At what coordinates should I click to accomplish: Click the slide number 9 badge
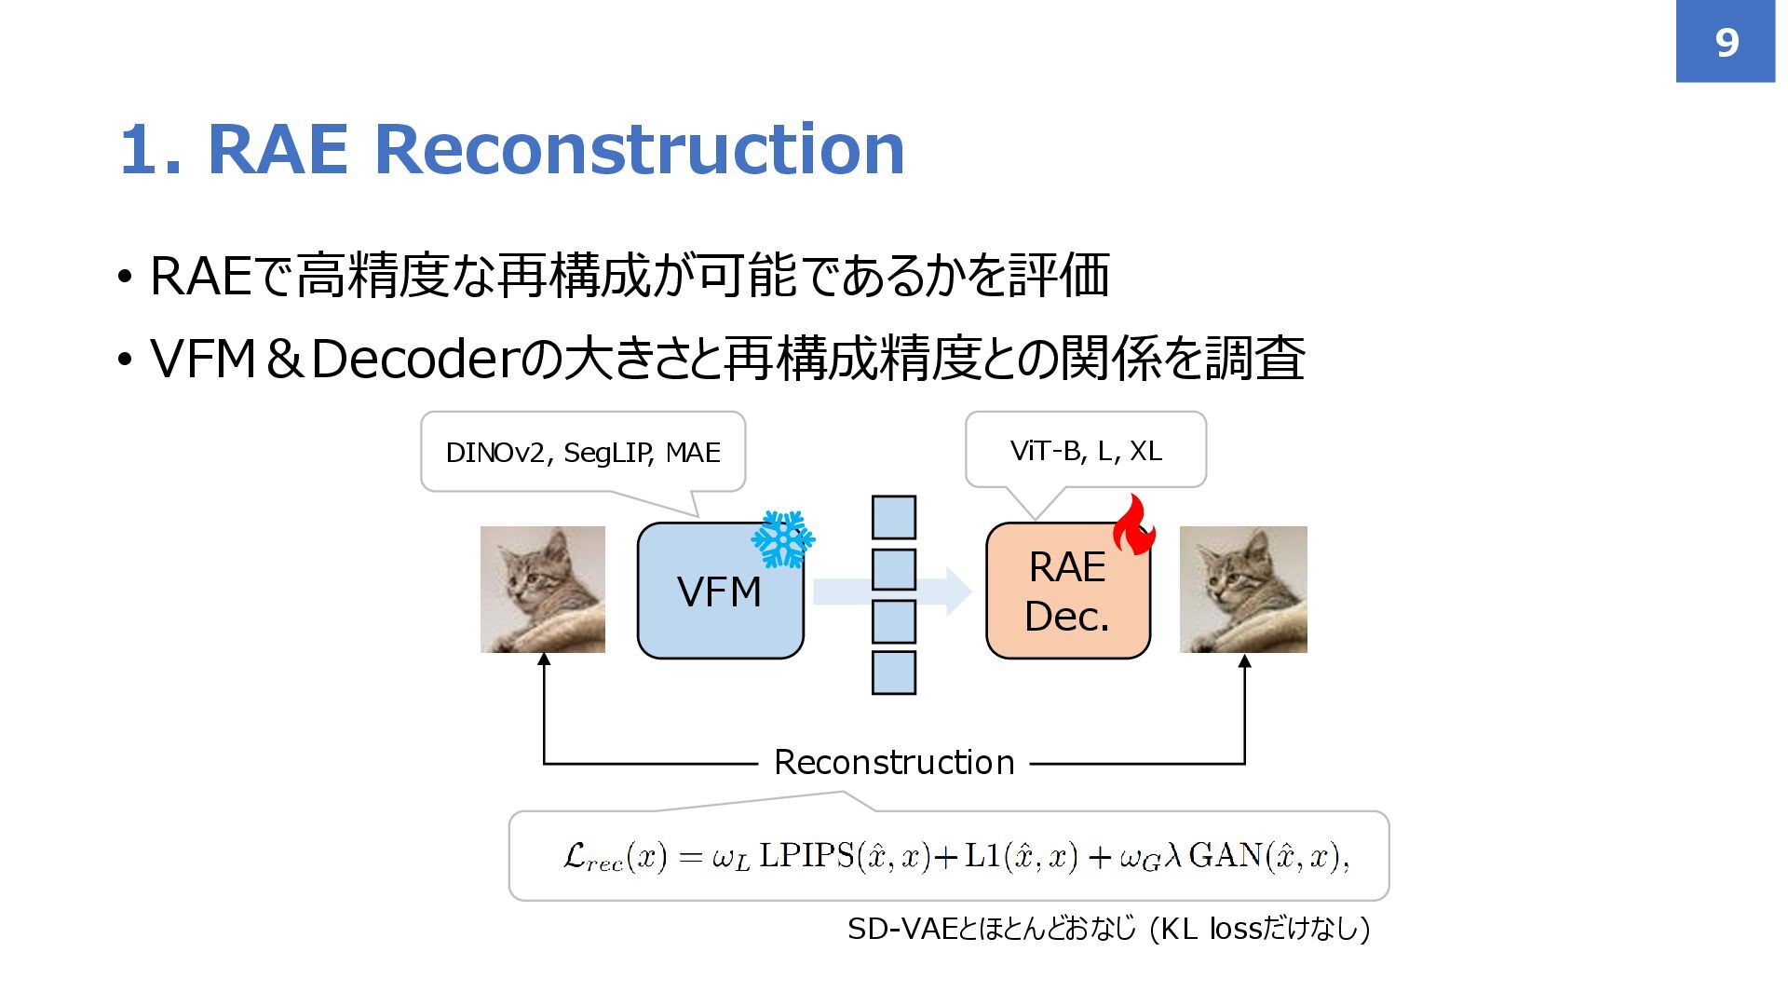(1725, 42)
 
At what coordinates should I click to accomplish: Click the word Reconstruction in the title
(639, 149)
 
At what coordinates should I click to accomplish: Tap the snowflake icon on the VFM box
(782, 539)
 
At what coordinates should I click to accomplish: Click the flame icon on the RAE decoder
(1133, 526)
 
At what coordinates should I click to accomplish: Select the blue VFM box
(719, 591)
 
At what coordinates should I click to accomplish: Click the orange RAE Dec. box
(1067, 591)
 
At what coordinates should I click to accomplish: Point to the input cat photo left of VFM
(542, 589)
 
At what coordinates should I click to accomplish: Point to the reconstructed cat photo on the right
(1243, 589)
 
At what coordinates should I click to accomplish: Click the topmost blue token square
(893, 517)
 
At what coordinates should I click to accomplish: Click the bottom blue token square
(893, 673)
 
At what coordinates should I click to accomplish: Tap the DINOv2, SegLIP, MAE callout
(583, 453)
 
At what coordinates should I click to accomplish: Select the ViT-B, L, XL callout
(1086, 451)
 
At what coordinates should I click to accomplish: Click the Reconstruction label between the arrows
(894, 762)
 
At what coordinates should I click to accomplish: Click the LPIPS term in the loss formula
(806, 855)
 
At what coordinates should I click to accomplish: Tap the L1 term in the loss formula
(981, 855)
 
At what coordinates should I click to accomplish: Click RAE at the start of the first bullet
(200, 277)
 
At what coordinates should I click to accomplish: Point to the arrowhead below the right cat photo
(1244, 661)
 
